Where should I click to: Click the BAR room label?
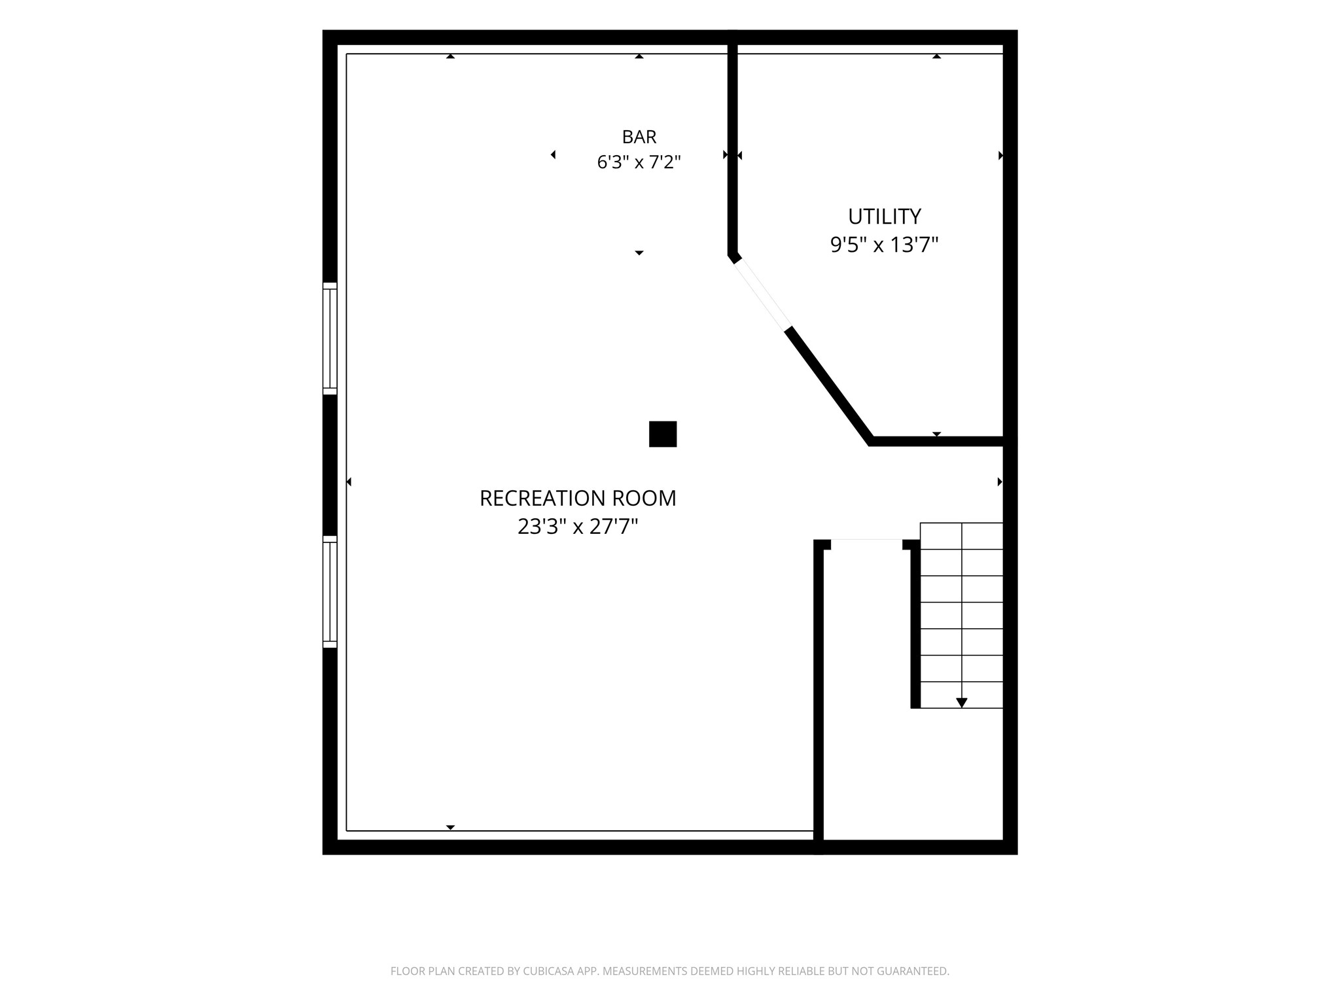pos(639,137)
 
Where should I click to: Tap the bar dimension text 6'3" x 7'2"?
pos(639,162)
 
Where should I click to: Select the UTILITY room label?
pos(884,216)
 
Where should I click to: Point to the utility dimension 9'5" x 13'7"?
pos(884,245)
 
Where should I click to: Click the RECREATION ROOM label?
pos(578,498)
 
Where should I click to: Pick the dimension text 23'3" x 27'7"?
pos(578,526)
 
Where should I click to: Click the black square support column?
pos(663,434)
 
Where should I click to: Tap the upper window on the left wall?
pos(330,338)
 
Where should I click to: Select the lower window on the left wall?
pos(330,591)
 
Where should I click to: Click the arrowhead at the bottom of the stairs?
pos(961,703)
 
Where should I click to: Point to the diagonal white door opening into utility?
pos(762,293)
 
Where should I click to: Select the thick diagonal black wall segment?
pos(829,386)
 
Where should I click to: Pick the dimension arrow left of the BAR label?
pos(553,154)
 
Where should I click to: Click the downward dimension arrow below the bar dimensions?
pos(639,253)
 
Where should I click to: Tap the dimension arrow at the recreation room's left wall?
pos(349,482)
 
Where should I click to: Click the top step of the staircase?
pos(961,536)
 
